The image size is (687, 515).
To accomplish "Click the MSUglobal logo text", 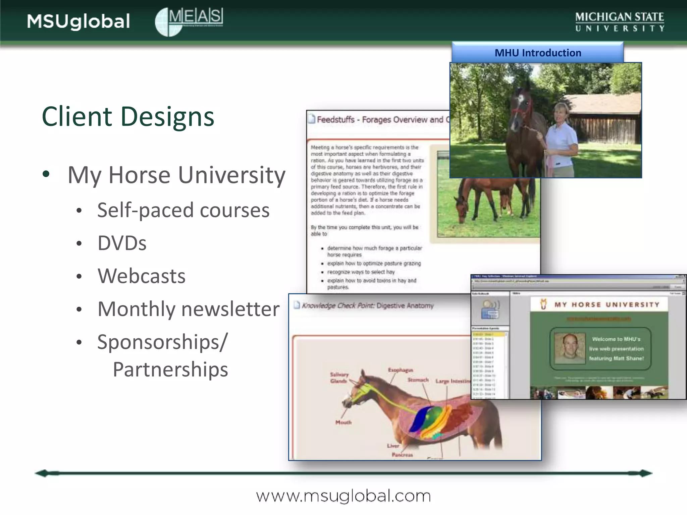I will pyautogui.click(x=78, y=21).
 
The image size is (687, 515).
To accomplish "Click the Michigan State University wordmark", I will pyautogui.click(x=620, y=21).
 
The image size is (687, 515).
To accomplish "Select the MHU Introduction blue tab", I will pyautogui.click(x=537, y=53).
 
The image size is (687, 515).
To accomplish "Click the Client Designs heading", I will pyautogui.click(x=128, y=116).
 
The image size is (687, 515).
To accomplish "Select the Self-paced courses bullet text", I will pyautogui.click(x=183, y=210).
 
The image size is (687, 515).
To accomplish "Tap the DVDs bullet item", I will pyautogui.click(x=122, y=243).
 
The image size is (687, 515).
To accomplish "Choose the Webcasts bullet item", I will pyautogui.click(x=141, y=276).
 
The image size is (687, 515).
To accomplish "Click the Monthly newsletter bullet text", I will pyautogui.click(x=188, y=309).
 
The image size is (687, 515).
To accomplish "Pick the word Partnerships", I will pyautogui.click(x=170, y=369).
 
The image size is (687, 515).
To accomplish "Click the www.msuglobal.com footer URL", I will pyautogui.click(x=343, y=496).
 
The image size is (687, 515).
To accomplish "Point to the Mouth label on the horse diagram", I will pyautogui.click(x=343, y=422).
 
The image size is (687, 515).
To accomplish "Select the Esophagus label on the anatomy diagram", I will pyautogui.click(x=401, y=370).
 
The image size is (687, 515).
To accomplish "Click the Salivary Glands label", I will pyautogui.click(x=339, y=378).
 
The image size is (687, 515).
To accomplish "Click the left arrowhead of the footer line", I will pyautogui.click(x=42, y=473).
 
